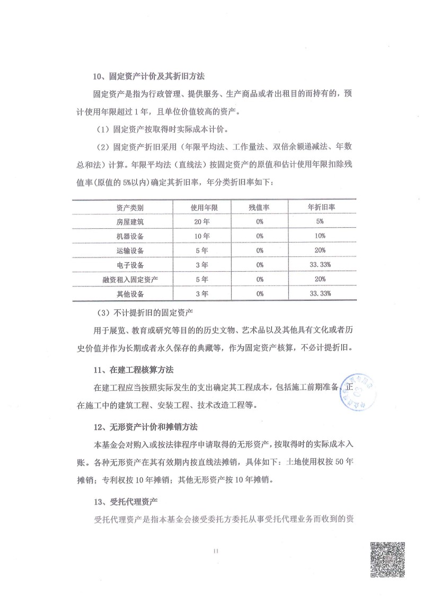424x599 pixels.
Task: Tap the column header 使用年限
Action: coord(201,207)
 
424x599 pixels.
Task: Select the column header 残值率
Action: coord(260,207)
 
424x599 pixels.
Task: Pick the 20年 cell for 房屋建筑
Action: coord(201,221)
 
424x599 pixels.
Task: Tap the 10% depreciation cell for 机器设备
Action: coord(320,236)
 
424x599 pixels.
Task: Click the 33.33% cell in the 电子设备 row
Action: coord(320,264)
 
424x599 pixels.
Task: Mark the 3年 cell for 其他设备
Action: coord(201,293)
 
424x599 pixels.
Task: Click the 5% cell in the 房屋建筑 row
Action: coord(320,221)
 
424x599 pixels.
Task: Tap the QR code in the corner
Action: coord(387,559)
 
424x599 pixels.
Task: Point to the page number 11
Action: coord(215,551)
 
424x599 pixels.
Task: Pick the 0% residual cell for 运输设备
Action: coord(260,250)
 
